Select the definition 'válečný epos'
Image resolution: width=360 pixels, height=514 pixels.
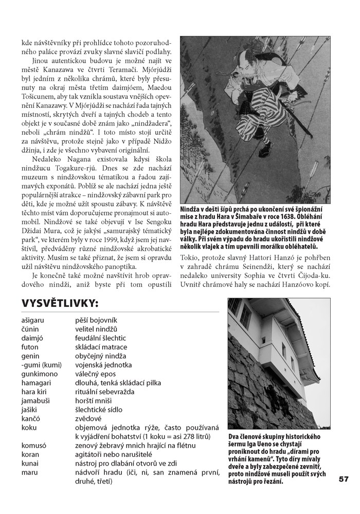[x=96, y=374]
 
